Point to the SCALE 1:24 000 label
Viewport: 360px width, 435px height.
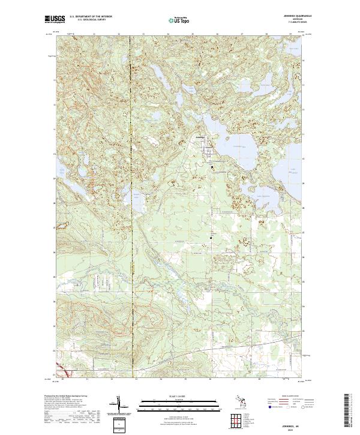click(x=178, y=397)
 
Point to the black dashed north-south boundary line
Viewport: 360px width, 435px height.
click(x=131, y=240)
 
